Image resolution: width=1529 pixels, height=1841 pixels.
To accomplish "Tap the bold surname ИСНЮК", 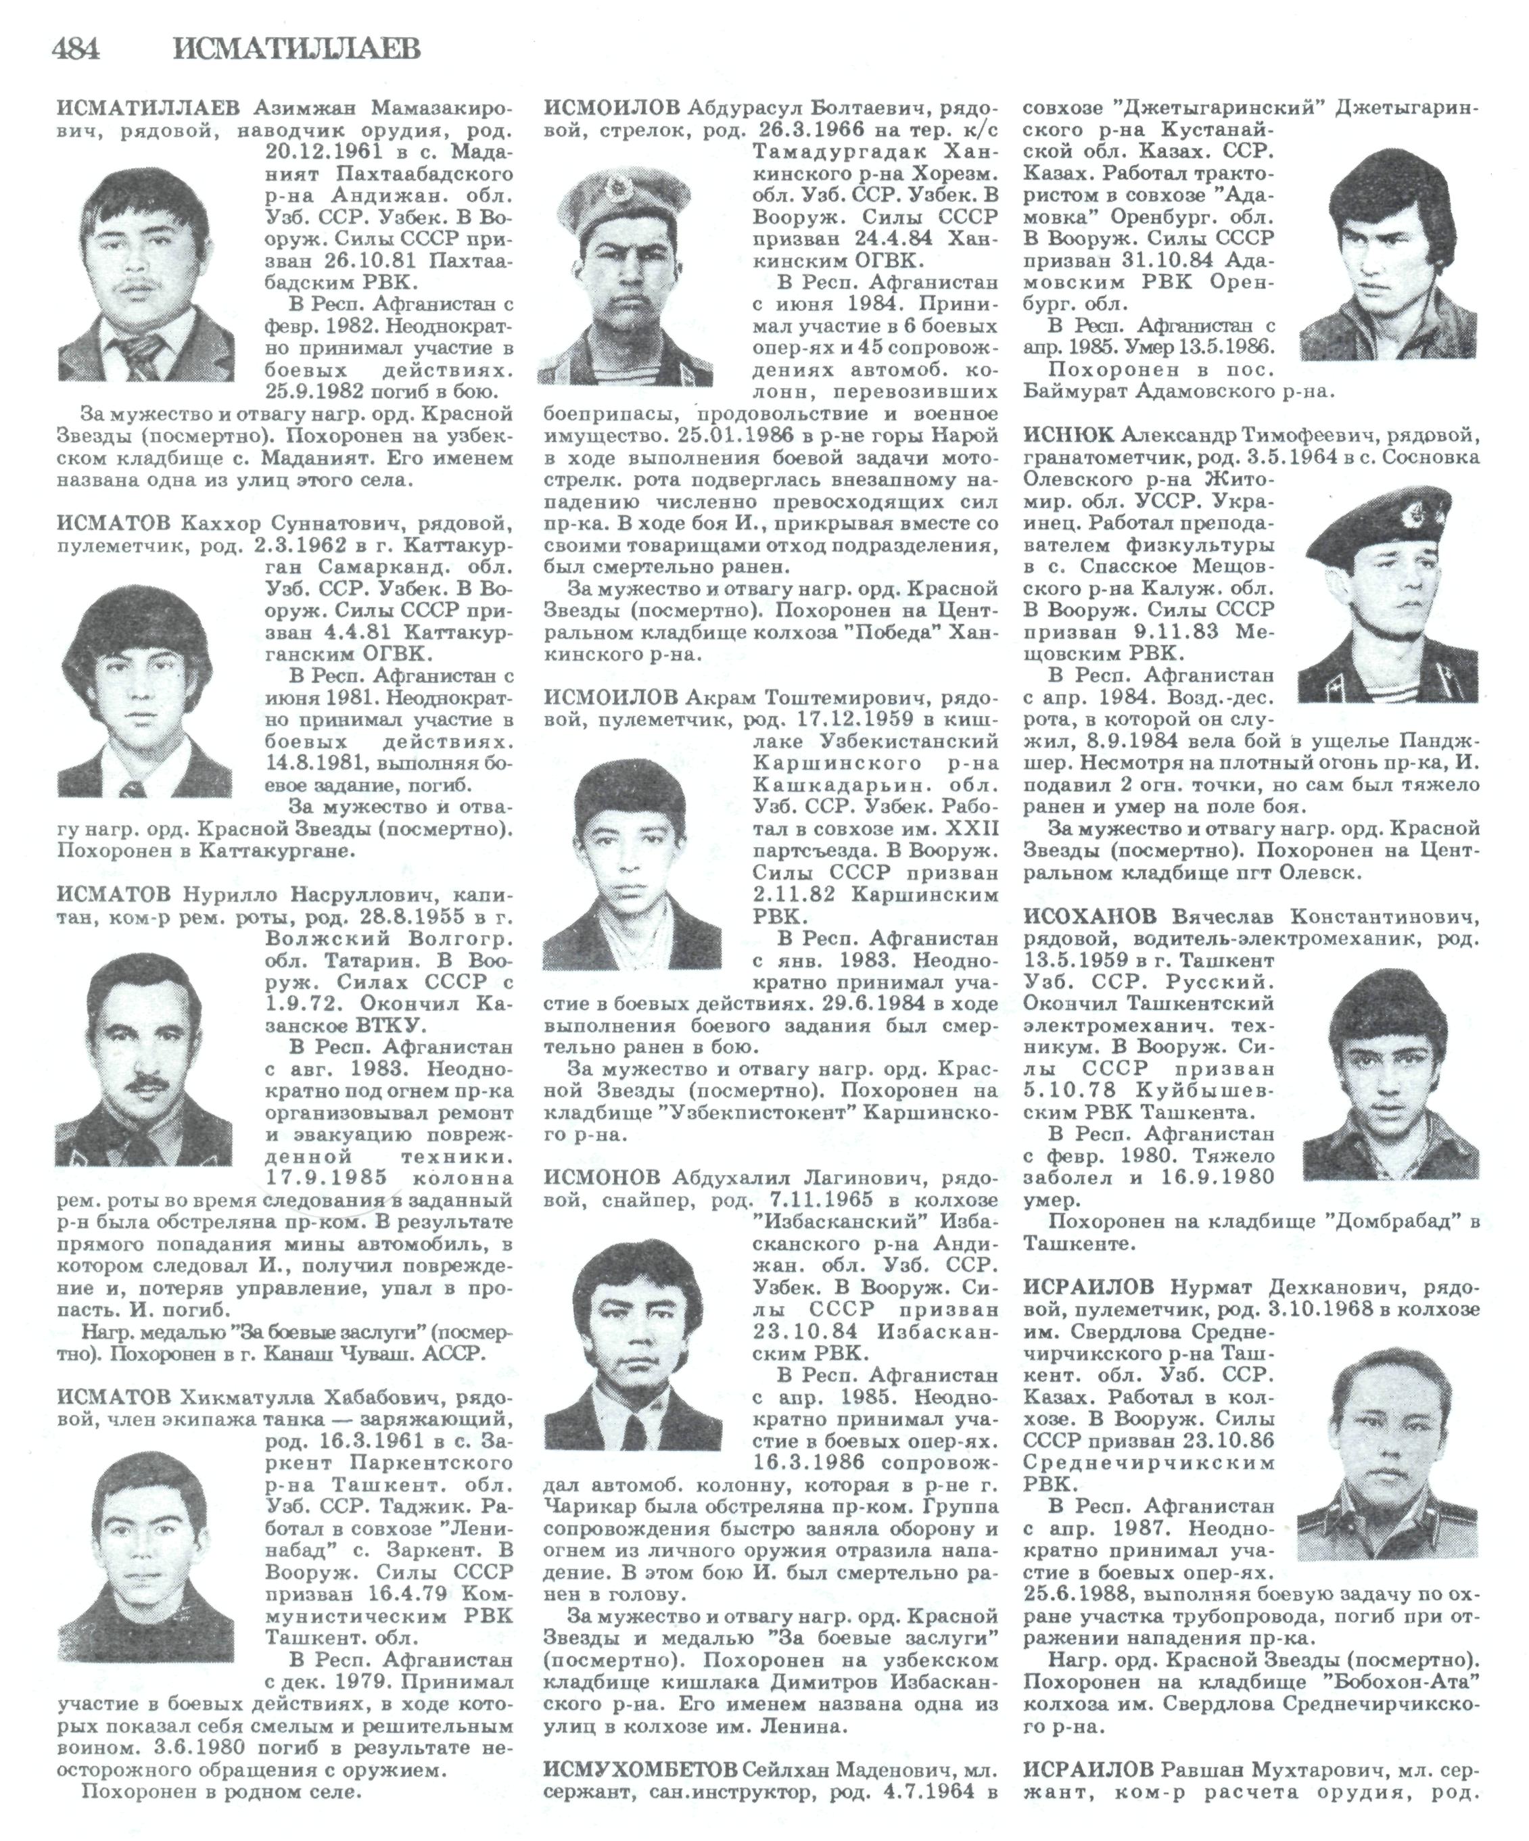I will click(x=1068, y=435).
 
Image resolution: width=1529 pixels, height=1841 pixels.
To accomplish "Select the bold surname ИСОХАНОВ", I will click(x=1089, y=916).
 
